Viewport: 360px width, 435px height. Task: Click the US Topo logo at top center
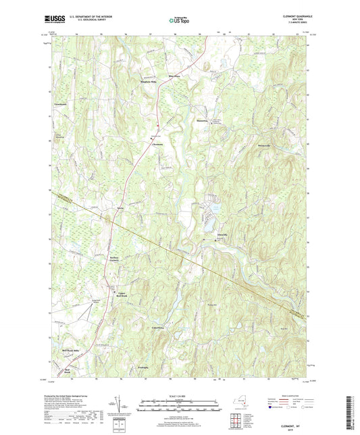point(180,21)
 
